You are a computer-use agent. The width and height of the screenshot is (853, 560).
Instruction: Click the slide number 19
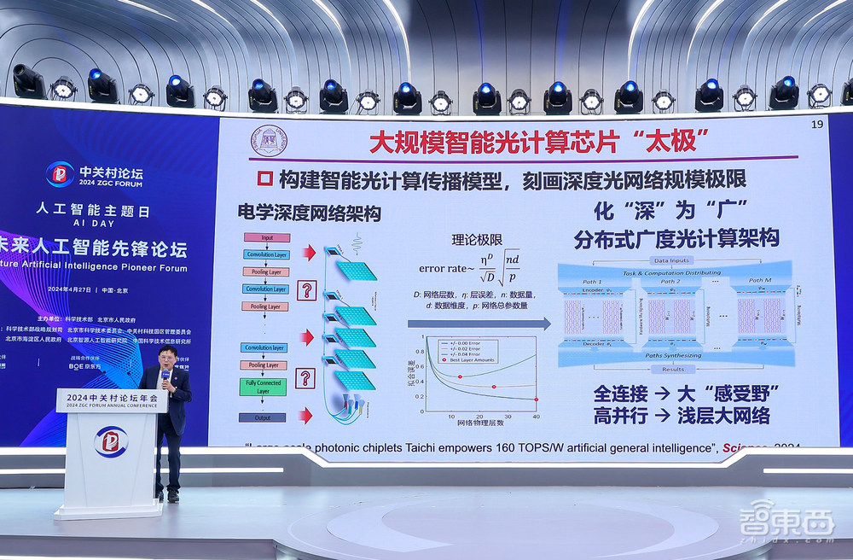point(816,125)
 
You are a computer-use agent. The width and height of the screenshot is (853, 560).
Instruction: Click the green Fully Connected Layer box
point(264,387)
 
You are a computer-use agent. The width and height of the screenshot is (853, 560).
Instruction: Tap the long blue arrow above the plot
point(479,324)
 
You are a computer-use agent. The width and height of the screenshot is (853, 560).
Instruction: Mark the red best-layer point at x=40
point(536,399)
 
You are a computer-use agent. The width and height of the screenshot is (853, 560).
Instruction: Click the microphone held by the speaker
point(165,375)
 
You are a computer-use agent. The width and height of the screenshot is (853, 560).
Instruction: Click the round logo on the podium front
point(111,441)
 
